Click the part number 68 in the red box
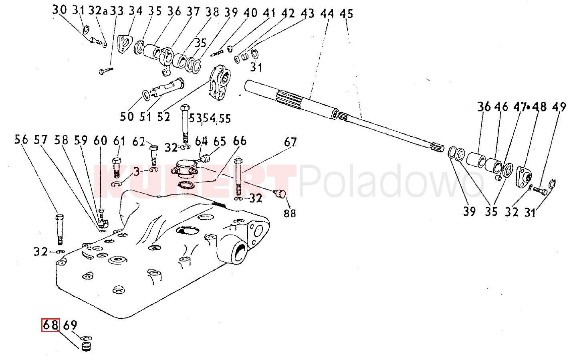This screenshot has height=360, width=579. pyautogui.click(x=51, y=325)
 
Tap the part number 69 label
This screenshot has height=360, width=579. pyautogui.click(x=70, y=325)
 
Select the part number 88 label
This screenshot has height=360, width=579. pyautogui.click(x=290, y=213)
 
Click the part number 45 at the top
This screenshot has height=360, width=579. pyautogui.click(x=346, y=14)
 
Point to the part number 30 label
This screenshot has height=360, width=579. pyautogui.click(x=59, y=10)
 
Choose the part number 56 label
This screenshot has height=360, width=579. pyautogui.click(x=22, y=140)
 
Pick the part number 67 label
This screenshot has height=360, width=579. pyautogui.click(x=291, y=142)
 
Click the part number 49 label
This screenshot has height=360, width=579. pyautogui.click(x=559, y=107)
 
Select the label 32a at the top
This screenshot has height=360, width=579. pyautogui.click(x=98, y=11)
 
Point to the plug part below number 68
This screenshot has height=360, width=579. pyautogui.click(x=85, y=346)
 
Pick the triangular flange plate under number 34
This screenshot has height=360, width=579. pyautogui.click(x=125, y=44)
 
